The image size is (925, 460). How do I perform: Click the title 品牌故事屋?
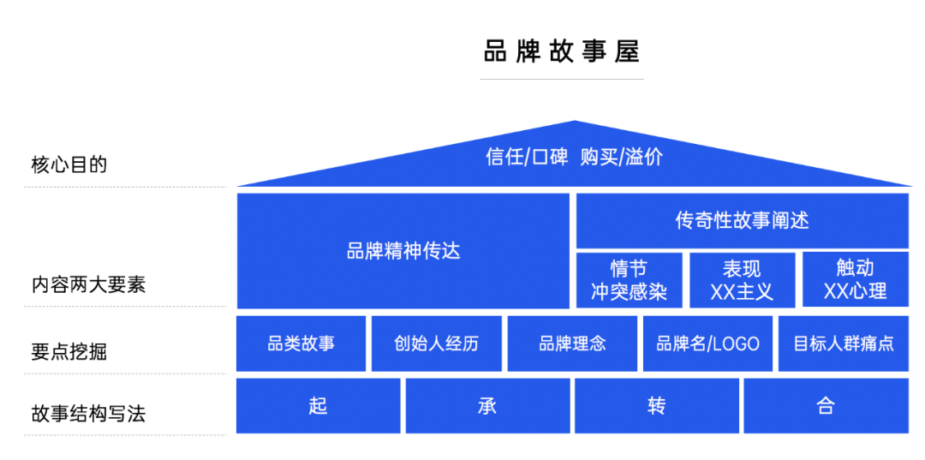coord(561,51)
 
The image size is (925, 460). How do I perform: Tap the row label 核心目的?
coord(69,164)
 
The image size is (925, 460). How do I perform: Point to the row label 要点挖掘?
coord(69,351)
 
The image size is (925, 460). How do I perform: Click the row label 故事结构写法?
coord(88,414)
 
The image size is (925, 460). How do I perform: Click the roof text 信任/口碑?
coord(527,158)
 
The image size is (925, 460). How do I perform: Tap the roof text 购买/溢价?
coord(621,158)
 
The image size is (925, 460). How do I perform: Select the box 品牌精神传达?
coord(403,251)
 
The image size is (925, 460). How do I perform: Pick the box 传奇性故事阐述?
coord(742,220)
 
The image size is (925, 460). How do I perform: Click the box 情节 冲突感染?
coord(629,279)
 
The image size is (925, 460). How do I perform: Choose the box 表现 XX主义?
coord(742,279)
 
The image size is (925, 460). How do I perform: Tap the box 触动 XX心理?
coord(855,279)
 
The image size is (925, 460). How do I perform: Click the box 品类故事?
coord(301,344)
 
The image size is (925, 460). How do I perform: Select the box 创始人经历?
coord(437,344)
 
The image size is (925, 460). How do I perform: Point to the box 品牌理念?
coord(572,344)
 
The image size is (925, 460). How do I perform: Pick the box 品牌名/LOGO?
coord(707,344)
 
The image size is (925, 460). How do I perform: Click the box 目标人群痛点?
coord(844,344)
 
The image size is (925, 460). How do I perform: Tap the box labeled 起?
coord(318,405)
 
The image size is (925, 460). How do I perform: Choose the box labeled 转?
coord(657,405)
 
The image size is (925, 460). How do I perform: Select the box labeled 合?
coord(826,405)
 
